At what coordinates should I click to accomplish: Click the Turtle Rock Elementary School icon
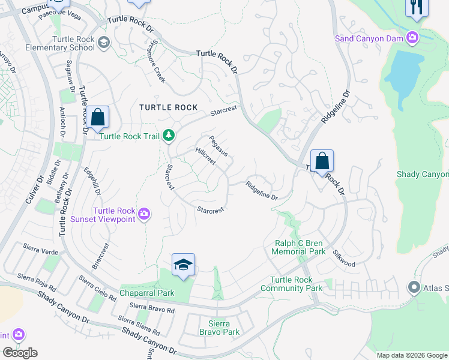click(104, 42)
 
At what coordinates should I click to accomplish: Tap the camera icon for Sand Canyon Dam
click(412, 38)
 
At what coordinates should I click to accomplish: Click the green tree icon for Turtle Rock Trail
click(169, 136)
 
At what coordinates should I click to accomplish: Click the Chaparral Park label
click(146, 293)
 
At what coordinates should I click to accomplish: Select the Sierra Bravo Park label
click(219, 328)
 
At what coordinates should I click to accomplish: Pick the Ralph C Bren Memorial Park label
click(298, 248)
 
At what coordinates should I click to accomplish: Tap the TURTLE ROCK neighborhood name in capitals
click(168, 107)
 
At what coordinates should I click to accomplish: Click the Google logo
click(20, 353)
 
